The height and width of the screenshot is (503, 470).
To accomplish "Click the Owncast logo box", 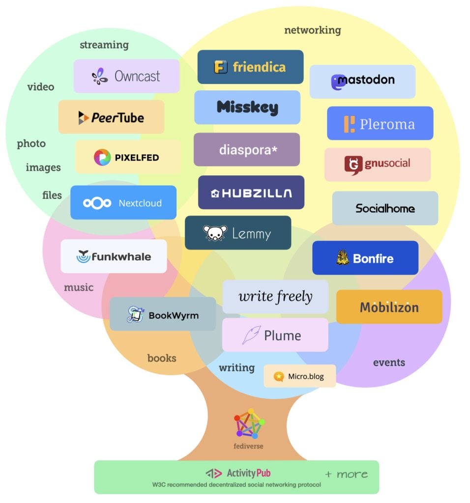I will pos(126,76).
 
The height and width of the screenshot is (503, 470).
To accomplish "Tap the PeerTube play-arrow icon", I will pos(83,117).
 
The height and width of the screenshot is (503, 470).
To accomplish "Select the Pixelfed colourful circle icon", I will pos(102,157).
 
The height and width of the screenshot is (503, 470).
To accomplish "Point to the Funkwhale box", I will pos(114,256).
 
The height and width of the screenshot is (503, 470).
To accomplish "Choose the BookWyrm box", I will pos(162,314).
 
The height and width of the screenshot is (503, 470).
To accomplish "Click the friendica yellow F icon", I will pos(221,67).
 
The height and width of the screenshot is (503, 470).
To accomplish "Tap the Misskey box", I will pos(247,107).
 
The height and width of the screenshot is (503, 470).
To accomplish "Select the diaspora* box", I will pos(246,149).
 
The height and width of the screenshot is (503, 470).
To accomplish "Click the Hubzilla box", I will pos(251,193).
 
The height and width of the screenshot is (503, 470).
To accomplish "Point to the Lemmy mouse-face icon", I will pos(215,233).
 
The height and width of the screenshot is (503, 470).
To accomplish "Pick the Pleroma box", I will pos(380,123).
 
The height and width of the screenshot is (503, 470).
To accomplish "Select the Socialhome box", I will pos(385,208).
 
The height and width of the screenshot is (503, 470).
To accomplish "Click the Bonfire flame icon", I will pos(343,258).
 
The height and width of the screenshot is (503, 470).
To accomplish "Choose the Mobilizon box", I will pos(389,307).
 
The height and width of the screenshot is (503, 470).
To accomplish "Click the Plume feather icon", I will pos(251,335).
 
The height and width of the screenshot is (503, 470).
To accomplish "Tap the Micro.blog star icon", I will pos(279,377).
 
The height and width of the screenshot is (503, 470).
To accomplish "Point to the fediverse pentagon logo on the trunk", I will pos(249,423).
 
